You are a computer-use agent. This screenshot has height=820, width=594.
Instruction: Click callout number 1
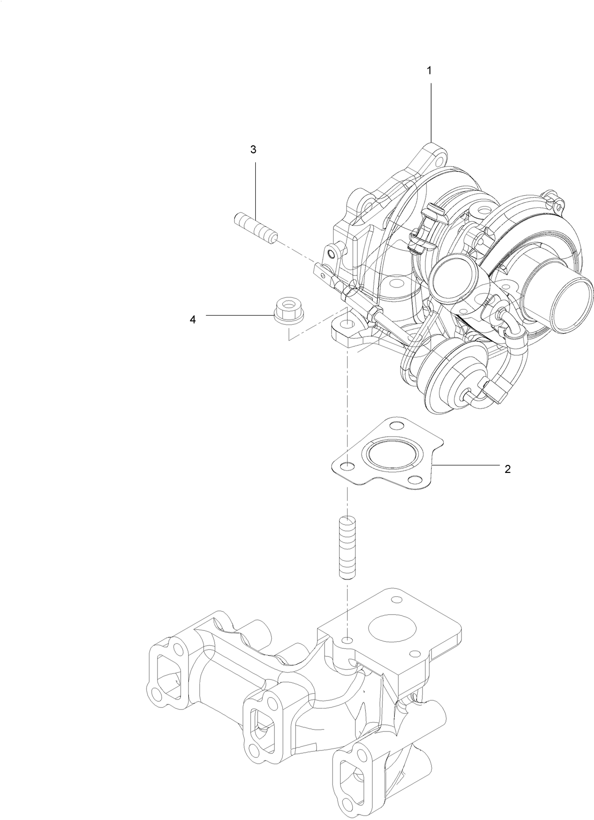[x=429, y=71]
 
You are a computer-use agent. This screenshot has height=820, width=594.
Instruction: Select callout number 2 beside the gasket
[x=508, y=469]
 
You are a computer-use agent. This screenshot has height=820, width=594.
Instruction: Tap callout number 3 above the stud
[x=253, y=149]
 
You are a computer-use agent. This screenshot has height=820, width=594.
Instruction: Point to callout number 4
[x=193, y=320]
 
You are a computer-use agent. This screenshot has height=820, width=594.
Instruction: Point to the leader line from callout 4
[x=240, y=315]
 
